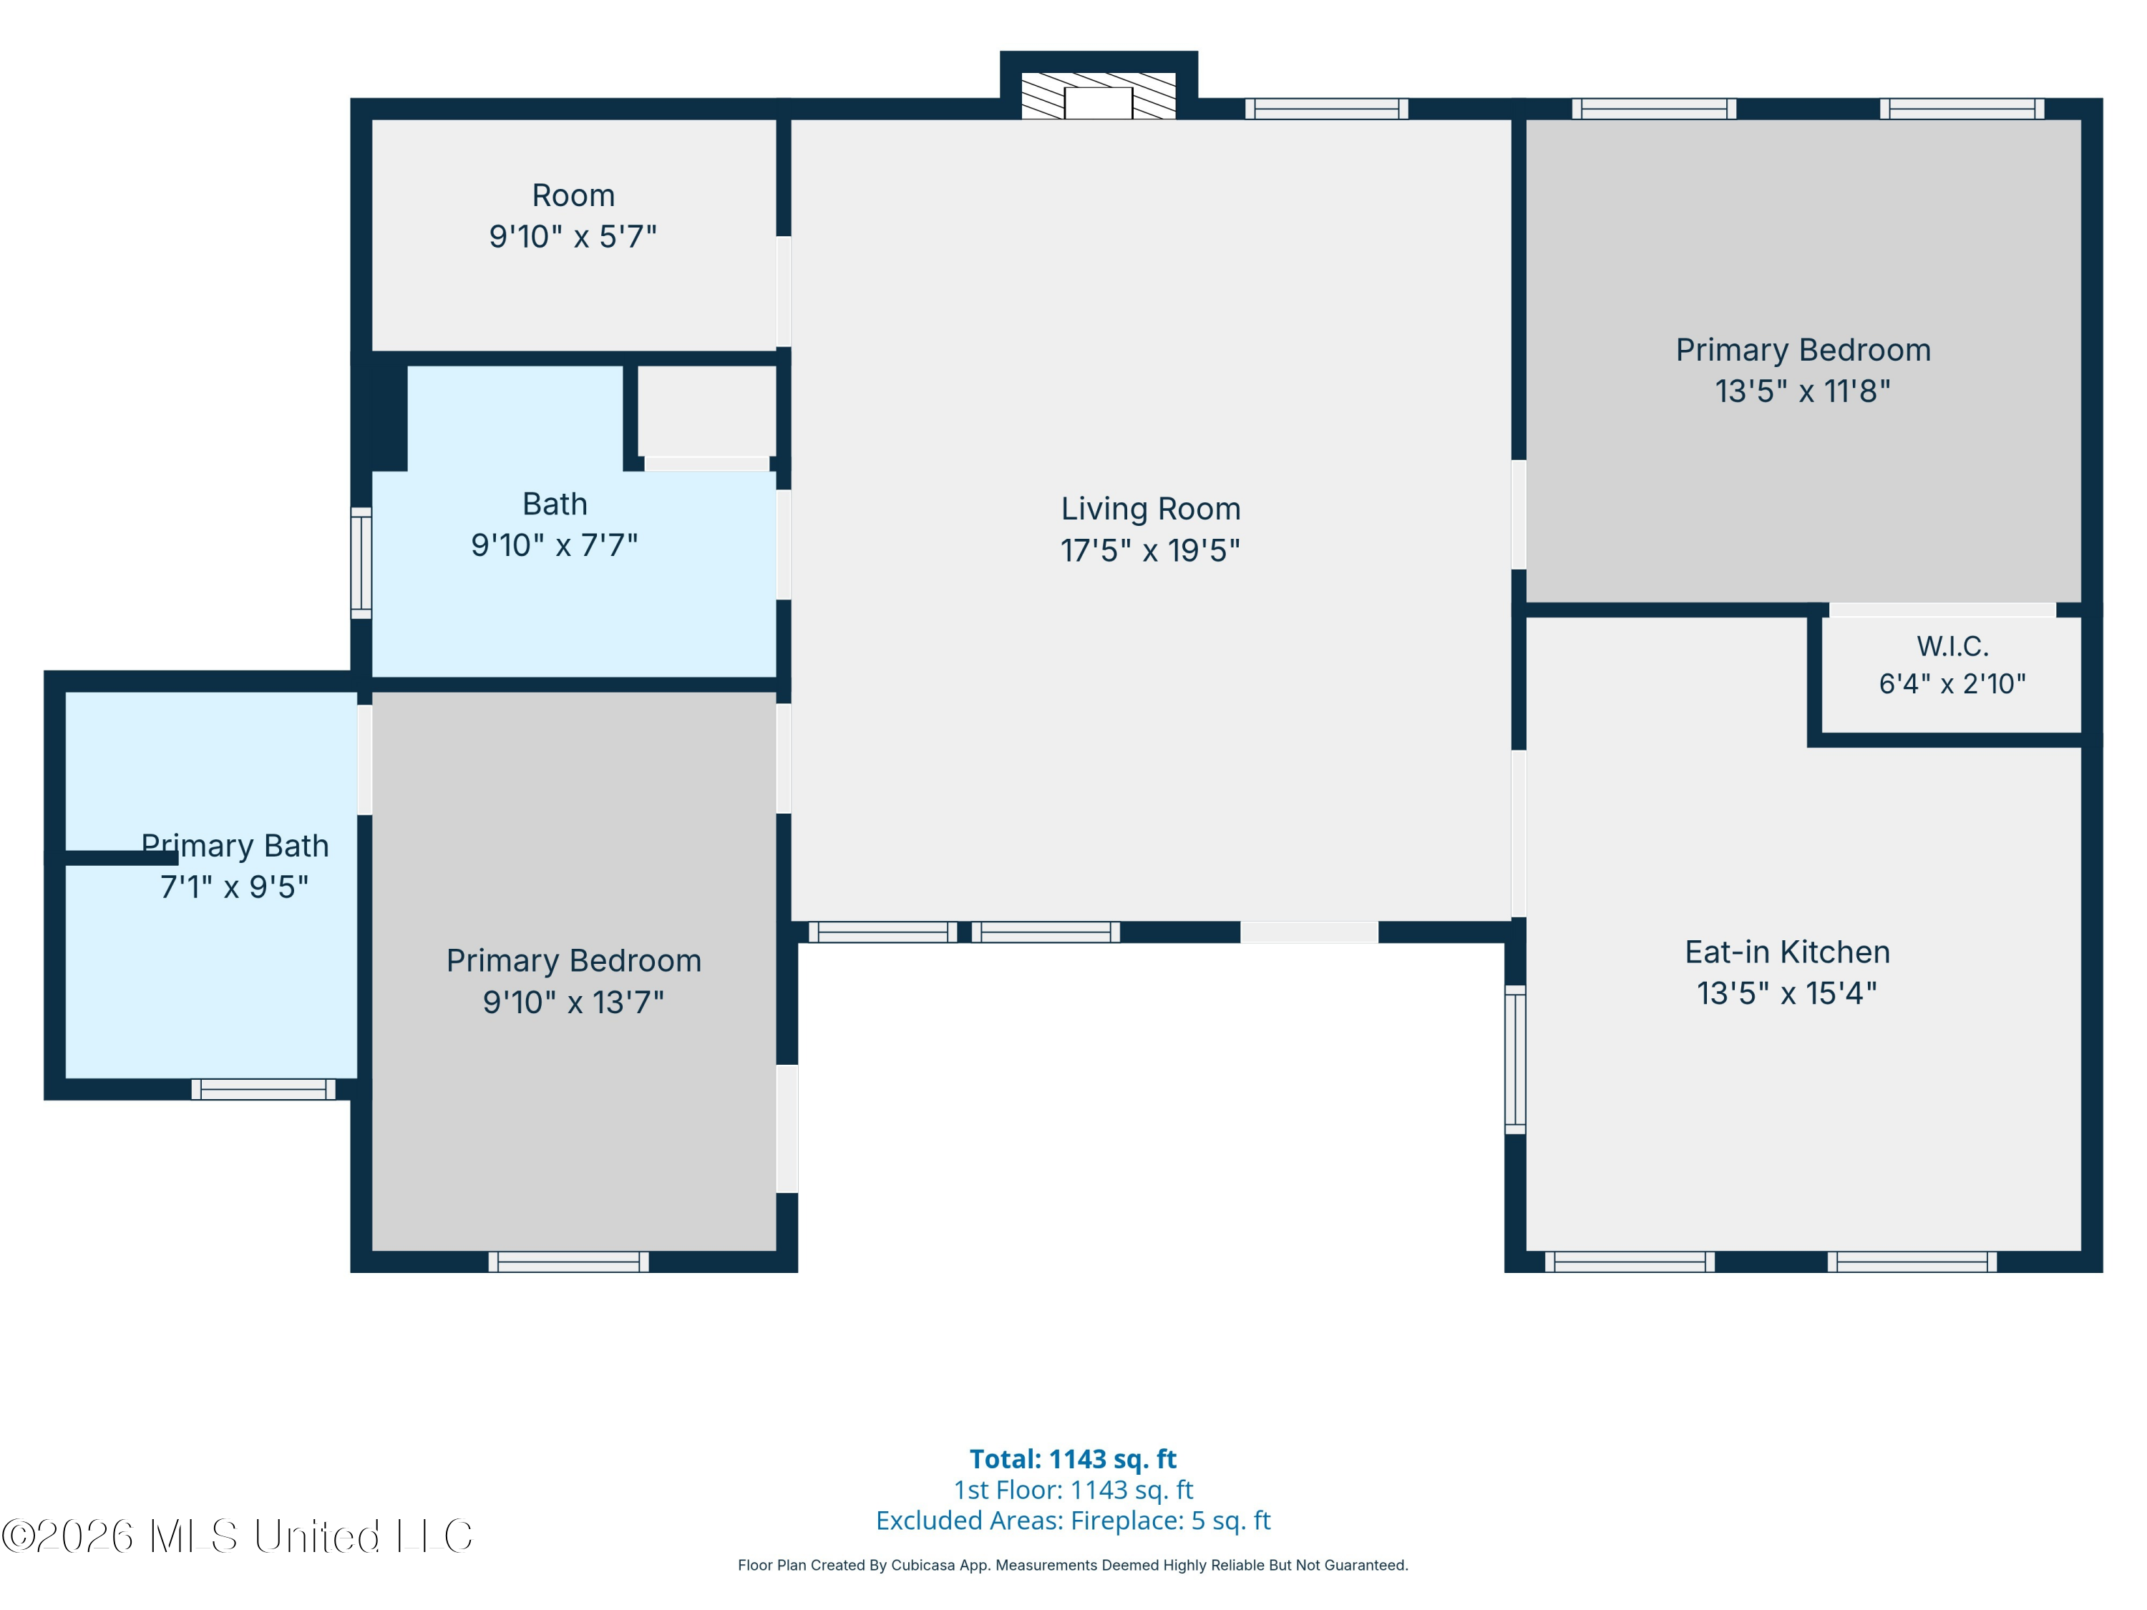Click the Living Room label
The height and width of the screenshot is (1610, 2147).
coord(1150,509)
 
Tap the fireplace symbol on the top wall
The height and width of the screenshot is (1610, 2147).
coord(1098,95)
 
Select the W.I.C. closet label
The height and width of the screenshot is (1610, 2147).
coord(1952,645)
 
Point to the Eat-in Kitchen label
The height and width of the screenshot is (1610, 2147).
coord(1787,952)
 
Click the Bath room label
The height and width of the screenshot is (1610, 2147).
coord(554,504)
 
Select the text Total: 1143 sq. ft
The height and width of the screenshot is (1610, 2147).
coord(1073,1458)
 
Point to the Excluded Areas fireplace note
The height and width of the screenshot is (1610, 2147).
coord(1073,1520)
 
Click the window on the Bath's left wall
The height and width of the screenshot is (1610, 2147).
coord(361,563)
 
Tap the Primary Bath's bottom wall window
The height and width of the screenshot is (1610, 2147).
coord(263,1089)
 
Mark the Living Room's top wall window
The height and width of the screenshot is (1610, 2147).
coord(1327,109)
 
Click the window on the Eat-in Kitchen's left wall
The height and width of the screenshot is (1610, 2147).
coord(1515,1060)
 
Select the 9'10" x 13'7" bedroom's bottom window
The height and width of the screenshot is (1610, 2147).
coord(569,1262)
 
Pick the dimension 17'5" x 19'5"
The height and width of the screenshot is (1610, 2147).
coord(1150,550)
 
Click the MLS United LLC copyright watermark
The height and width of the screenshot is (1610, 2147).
coord(238,1536)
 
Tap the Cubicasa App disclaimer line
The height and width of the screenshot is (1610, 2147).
coord(1073,1566)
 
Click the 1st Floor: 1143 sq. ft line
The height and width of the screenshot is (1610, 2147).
coord(1073,1490)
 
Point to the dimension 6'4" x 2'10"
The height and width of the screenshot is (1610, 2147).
coord(1952,684)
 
